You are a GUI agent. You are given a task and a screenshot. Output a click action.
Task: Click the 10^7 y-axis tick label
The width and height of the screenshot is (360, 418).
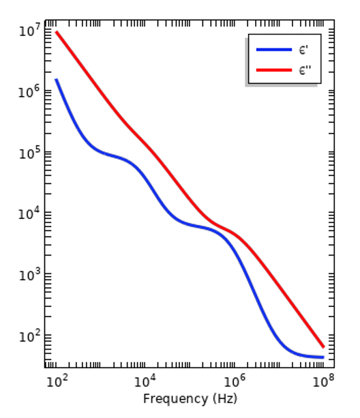[x=29, y=31]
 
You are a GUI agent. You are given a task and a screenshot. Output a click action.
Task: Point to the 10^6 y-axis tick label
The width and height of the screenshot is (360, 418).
[x=29, y=91]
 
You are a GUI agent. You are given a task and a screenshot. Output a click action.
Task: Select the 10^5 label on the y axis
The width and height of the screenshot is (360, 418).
[x=29, y=153]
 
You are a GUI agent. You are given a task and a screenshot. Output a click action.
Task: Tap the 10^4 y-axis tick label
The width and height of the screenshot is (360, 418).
[x=29, y=213]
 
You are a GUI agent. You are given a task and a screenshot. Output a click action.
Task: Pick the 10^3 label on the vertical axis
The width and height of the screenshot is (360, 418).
[x=29, y=274]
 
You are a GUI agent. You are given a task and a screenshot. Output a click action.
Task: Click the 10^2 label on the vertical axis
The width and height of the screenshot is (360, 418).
[x=29, y=335]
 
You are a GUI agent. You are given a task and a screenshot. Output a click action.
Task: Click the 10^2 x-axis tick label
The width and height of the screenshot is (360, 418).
[x=57, y=381]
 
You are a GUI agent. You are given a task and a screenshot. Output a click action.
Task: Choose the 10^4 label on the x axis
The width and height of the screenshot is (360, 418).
[x=145, y=381]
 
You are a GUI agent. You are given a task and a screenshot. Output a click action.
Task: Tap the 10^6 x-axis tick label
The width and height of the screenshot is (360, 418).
[x=235, y=381]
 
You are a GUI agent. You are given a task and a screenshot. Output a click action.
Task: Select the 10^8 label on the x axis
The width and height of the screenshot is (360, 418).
[x=323, y=381]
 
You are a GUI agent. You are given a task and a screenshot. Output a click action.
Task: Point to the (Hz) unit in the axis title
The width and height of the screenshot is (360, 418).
[x=225, y=399]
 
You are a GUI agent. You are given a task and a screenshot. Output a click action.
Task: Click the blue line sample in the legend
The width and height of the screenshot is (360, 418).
[x=274, y=50]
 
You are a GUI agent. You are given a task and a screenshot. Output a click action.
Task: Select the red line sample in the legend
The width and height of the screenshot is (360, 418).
[x=274, y=70]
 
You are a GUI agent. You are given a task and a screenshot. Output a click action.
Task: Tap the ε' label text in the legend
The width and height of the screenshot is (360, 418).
[x=303, y=50]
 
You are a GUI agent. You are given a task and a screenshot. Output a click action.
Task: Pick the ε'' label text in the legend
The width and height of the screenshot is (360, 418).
[x=305, y=70]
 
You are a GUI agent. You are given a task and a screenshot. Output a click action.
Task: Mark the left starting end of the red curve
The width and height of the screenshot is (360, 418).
[x=56, y=32]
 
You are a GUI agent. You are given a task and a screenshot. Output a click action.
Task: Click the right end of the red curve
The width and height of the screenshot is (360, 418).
[x=324, y=347]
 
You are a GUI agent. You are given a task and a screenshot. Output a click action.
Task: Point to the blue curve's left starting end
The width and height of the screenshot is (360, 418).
[x=56, y=79]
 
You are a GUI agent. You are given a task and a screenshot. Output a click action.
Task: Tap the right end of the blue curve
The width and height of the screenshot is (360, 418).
[x=324, y=357]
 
